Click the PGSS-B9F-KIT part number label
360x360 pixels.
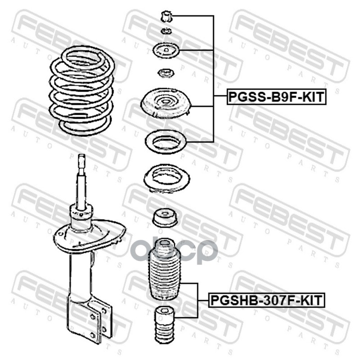276,97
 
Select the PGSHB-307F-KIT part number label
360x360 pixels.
266,300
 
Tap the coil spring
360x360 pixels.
81,90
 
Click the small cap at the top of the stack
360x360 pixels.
166,17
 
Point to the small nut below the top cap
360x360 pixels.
166,31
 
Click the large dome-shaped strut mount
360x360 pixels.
166,103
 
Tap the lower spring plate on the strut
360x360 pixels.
90,237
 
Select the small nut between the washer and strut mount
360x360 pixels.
165,73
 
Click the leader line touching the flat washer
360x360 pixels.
197,50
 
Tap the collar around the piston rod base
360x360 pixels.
81,217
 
